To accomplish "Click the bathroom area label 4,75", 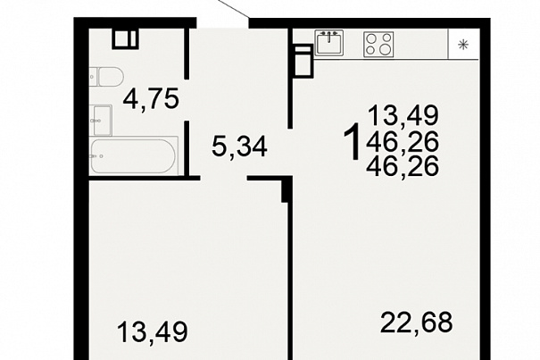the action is [151, 99].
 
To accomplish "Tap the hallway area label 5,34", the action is [239, 147].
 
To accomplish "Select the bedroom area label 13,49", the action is [153, 332].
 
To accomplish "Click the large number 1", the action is [353, 142].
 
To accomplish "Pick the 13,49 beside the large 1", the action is [403, 115].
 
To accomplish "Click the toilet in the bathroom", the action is [106, 77].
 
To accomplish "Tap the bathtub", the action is [134, 155].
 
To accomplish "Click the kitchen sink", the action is [329, 43].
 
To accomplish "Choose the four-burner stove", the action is [378, 44].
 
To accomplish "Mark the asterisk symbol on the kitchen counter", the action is [463, 45].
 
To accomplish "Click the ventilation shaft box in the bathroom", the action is [125, 38].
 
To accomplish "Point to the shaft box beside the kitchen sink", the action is [303, 61].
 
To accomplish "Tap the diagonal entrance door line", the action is [233, 8].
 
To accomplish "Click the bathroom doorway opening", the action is [187, 100].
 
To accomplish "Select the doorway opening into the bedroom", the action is [224, 179].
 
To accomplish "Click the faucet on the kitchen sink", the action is [329, 35].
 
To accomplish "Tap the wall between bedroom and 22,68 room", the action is [289, 281].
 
